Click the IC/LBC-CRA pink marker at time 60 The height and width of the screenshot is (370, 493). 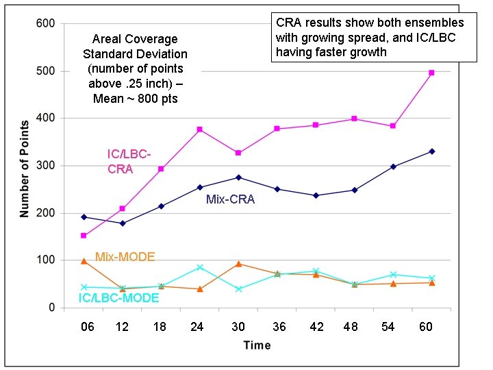431,73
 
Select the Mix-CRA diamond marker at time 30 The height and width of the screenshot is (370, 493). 238,177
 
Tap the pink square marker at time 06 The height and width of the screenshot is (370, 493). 84,236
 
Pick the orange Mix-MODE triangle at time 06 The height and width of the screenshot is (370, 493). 84,261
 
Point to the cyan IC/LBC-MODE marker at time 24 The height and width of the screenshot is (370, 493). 199,267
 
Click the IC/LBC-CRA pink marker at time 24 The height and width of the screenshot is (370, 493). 199,129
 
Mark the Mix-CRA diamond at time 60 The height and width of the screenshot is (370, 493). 431,151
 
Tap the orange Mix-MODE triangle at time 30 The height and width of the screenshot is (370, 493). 238,264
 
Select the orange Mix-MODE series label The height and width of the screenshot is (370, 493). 125,257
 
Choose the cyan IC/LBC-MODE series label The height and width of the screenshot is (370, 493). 118,297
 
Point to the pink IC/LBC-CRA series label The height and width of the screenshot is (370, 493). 129,161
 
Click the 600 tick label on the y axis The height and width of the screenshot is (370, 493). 45,24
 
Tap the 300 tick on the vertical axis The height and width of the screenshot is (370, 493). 45,166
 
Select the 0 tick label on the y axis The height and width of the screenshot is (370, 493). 51,308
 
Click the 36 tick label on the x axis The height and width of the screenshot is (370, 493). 277,328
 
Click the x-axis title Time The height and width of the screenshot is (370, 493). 257,345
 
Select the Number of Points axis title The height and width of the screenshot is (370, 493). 25,166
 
